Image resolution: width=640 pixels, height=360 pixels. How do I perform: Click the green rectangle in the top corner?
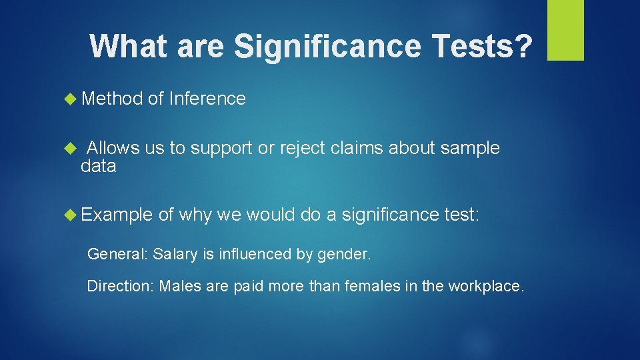coord(565,30)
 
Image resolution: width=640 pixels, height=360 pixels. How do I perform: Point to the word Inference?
coord(207,99)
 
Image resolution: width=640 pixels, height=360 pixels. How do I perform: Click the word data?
coord(98,166)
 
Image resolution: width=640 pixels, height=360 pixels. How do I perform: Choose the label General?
coord(118,254)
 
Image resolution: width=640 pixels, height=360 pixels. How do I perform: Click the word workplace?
coord(486,286)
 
